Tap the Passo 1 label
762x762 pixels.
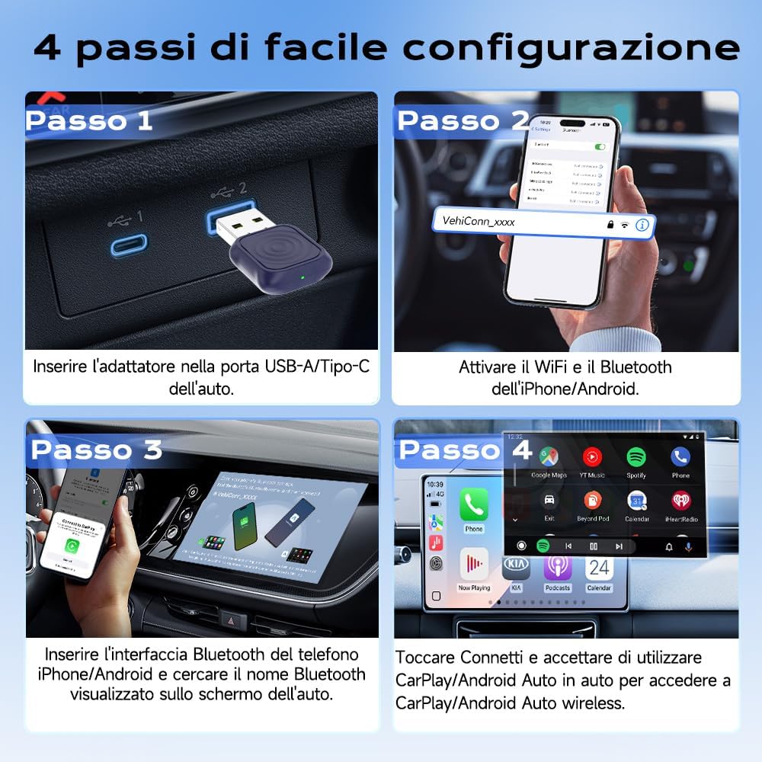click(x=89, y=120)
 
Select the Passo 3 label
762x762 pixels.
click(x=96, y=450)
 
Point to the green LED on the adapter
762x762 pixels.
click(x=303, y=277)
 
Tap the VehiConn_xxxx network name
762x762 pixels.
click(x=479, y=222)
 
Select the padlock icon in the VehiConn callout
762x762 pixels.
click(x=610, y=224)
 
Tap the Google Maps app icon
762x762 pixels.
click(x=549, y=456)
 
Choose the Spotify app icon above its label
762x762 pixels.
click(x=636, y=456)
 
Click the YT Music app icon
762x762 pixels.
click(x=592, y=456)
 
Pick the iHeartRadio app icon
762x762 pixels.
click(x=680, y=501)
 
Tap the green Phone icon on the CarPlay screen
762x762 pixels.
click(x=474, y=504)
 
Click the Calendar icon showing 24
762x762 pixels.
click(x=599, y=568)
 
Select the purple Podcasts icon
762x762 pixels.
click(x=557, y=568)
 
